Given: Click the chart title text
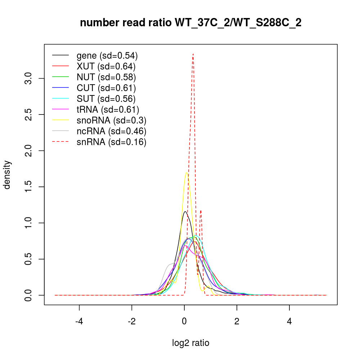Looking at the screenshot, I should [190, 23].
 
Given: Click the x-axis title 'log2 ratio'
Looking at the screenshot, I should [190, 343].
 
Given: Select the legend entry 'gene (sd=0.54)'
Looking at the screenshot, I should [107, 55].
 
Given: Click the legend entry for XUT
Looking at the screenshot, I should [106, 66].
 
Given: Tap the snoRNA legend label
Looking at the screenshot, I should [111, 120].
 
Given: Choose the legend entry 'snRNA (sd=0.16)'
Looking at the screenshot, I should [111, 142].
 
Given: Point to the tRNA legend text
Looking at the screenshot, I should [108, 109].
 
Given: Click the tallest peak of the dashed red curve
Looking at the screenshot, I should [193, 54].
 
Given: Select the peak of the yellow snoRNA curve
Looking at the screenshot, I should [186, 173].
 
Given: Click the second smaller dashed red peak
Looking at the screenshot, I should [201, 211].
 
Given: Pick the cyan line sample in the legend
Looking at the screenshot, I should [60, 99].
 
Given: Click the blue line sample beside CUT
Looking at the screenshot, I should [60, 88].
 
